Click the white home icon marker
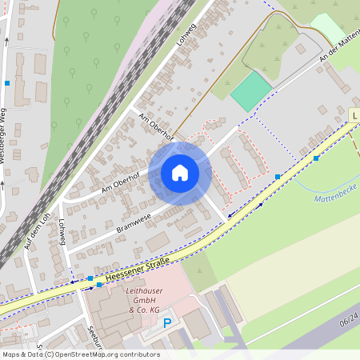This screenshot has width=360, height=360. (180, 174)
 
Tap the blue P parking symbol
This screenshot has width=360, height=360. (167, 323)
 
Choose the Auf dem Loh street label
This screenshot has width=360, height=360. (37, 232)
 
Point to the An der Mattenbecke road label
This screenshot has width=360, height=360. (337, 46)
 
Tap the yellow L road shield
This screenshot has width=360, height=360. (354, 116)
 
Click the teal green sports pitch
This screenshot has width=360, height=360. (251, 91)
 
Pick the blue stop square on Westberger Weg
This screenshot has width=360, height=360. (7, 83)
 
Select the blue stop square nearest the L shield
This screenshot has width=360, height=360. (316, 158)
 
